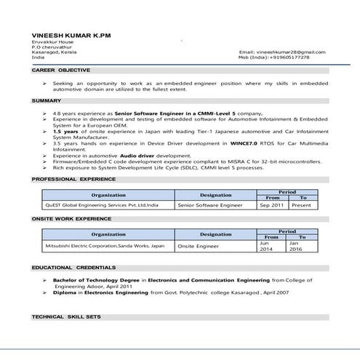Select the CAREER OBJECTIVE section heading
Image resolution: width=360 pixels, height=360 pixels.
[61, 71]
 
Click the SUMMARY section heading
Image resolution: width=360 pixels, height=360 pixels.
[47, 100]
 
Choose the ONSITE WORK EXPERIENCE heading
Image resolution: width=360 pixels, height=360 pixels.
[71, 218]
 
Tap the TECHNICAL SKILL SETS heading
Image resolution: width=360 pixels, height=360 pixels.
[66, 318]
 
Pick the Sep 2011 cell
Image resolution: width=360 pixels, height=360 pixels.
[273, 206]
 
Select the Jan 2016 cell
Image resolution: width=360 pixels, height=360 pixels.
[295, 246]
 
